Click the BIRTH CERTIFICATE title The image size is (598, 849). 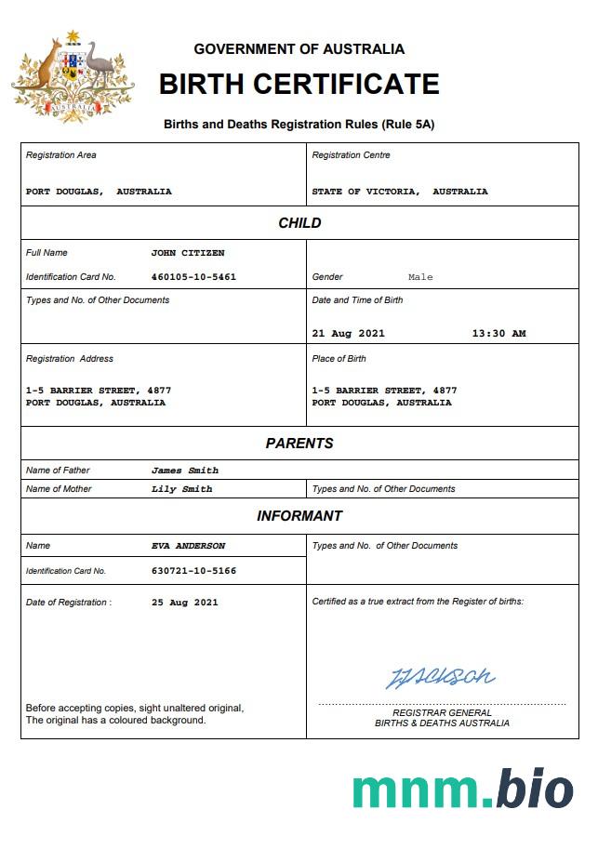click(299, 85)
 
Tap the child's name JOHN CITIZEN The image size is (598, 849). click(188, 253)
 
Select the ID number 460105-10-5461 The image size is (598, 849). click(193, 277)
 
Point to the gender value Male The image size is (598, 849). click(420, 277)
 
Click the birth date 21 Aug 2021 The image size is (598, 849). click(348, 334)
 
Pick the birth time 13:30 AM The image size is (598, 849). click(498, 334)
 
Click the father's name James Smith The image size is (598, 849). click(185, 471)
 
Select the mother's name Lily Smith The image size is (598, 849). click(181, 489)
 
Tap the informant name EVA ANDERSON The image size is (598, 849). click(188, 546)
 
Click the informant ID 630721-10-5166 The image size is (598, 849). click(193, 571)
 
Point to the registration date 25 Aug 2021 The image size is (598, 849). click(184, 603)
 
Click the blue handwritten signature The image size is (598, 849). click(441, 676)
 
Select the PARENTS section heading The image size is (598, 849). click(299, 444)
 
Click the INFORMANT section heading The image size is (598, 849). click(299, 516)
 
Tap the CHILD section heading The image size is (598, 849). click(299, 223)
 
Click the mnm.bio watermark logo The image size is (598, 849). click(462, 789)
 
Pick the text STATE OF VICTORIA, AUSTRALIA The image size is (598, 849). click(400, 192)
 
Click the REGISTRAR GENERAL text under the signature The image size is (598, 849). click(442, 713)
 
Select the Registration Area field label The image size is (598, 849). click(61, 155)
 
